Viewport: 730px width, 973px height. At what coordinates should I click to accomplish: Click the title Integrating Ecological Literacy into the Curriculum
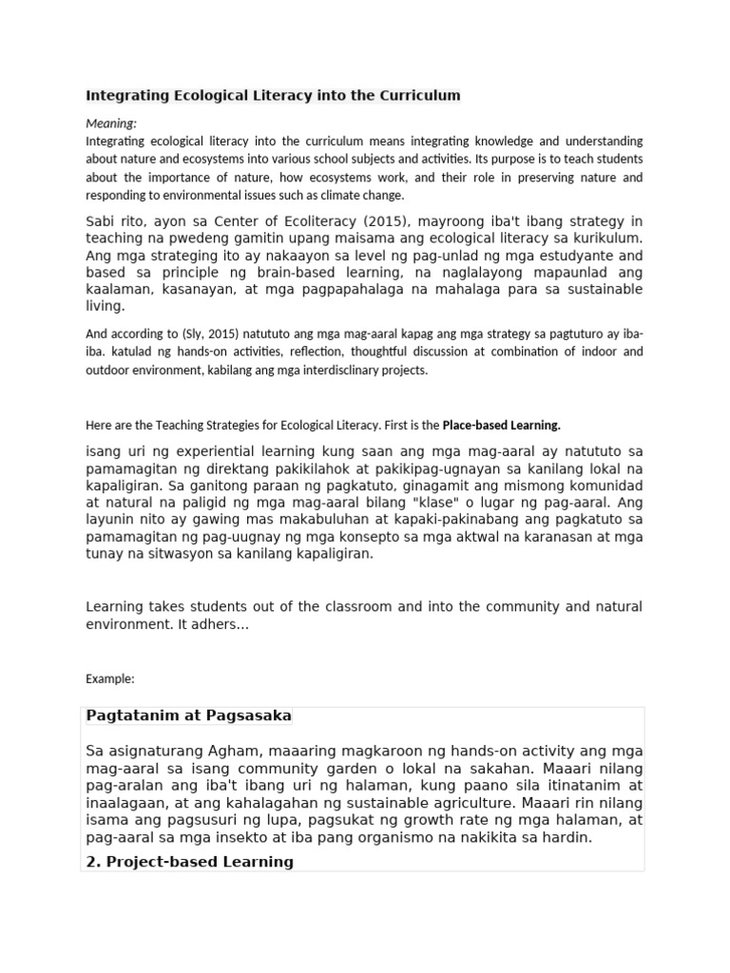click(x=273, y=95)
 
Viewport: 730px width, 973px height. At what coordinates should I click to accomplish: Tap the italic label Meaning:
click(x=111, y=123)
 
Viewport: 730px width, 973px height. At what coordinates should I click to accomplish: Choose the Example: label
click(x=110, y=678)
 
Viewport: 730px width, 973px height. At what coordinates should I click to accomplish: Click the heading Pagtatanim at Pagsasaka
click(x=188, y=715)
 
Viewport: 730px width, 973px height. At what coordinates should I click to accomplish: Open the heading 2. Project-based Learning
click(x=189, y=861)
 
